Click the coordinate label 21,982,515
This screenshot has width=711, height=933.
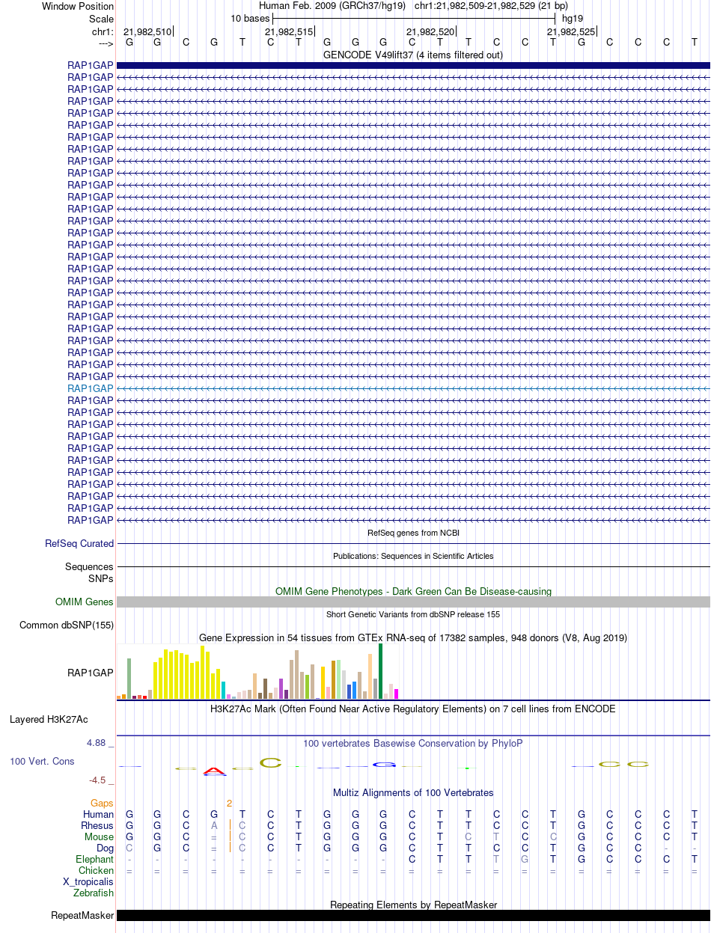pos(289,31)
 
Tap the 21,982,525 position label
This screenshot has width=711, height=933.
pos(571,31)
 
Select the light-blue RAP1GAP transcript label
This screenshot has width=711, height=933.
pos(90,389)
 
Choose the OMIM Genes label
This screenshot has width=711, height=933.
pos(85,602)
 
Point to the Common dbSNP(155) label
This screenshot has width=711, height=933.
pos(67,625)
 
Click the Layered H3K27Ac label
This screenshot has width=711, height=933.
pos(49,720)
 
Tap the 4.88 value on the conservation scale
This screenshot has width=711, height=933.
pos(97,743)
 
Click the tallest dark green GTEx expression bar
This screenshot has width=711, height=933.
pos(381,671)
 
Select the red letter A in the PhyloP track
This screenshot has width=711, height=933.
pos(214,771)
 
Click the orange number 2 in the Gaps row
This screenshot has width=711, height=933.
pos(230,803)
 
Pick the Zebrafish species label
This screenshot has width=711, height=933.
pos(94,893)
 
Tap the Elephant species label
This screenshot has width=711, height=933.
pos(94,860)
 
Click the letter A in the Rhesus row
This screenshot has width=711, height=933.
pos(214,826)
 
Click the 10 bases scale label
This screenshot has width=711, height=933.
pos(250,18)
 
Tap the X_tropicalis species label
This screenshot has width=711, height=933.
pos(88,882)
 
